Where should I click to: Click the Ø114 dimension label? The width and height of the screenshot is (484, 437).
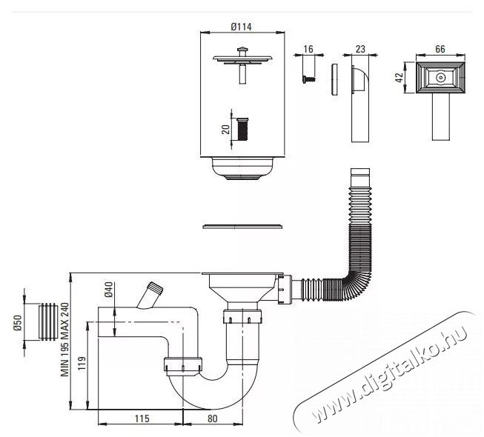coord(241,27)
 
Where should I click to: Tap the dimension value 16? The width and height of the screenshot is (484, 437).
coord(308,49)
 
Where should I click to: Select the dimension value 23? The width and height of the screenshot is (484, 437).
coord(360,49)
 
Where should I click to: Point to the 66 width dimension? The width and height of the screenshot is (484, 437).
coord(440,49)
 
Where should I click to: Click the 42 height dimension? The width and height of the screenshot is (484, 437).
coord(399,78)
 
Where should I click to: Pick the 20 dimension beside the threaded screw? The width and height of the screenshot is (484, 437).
coord(226,130)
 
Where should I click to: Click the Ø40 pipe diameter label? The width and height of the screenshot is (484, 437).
coord(109,290)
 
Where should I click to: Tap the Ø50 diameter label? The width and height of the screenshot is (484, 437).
coord(17,323)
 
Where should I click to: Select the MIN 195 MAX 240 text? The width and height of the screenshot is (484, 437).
coord(64,339)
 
